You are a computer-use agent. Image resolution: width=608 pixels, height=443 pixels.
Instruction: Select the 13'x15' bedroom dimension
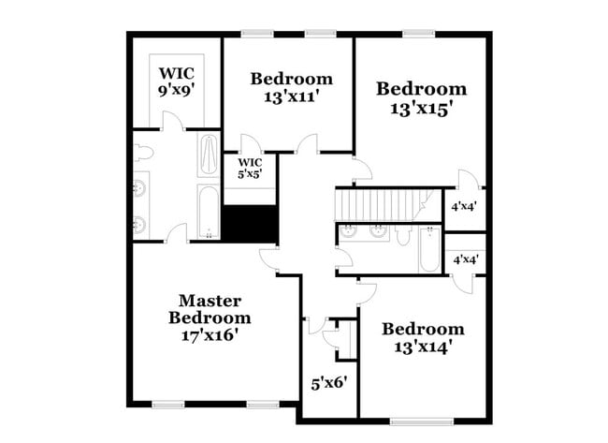tap(421, 108)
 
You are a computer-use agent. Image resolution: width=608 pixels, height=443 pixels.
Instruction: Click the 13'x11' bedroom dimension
tap(291, 96)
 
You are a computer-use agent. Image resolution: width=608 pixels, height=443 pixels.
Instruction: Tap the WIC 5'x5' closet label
tap(249, 168)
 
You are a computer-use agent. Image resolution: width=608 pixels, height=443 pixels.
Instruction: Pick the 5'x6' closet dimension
tap(328, 382)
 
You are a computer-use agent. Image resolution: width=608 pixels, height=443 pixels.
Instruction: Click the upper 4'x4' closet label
tap(465, 205)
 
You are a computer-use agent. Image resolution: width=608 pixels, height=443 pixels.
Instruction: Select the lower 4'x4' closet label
tap(465, 259)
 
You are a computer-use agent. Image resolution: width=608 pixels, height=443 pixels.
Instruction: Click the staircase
tap(378, 203)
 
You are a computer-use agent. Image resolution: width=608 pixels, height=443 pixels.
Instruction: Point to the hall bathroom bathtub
tap(429, 251)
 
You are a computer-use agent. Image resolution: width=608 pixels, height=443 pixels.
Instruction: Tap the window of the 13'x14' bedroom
tap(416, 420)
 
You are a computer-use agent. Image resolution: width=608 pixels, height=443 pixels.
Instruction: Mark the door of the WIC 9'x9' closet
tap(169, 122)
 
